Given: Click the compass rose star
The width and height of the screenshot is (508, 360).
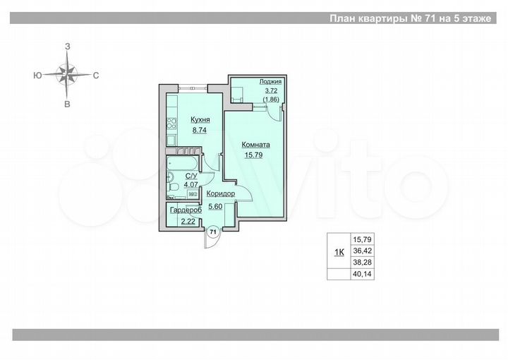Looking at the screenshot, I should [x=67, y=74].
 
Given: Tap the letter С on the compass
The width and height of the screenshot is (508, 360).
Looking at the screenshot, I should [x=95, y=74].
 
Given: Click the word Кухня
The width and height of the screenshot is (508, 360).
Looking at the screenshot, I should [x=200, y=120].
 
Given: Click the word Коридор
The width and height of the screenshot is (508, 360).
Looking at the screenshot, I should [x=221, y=193].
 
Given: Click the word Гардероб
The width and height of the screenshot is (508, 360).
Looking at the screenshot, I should [x=186, y=210].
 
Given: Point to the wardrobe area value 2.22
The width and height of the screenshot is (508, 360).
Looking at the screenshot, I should [x=188, y=222].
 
